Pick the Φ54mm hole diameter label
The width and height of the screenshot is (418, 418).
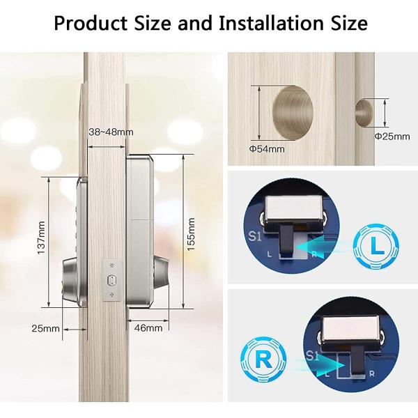pyautogui.click(x=267, y=148)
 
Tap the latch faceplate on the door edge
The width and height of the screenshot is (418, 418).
pyautogui.click(x=109, y=281)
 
